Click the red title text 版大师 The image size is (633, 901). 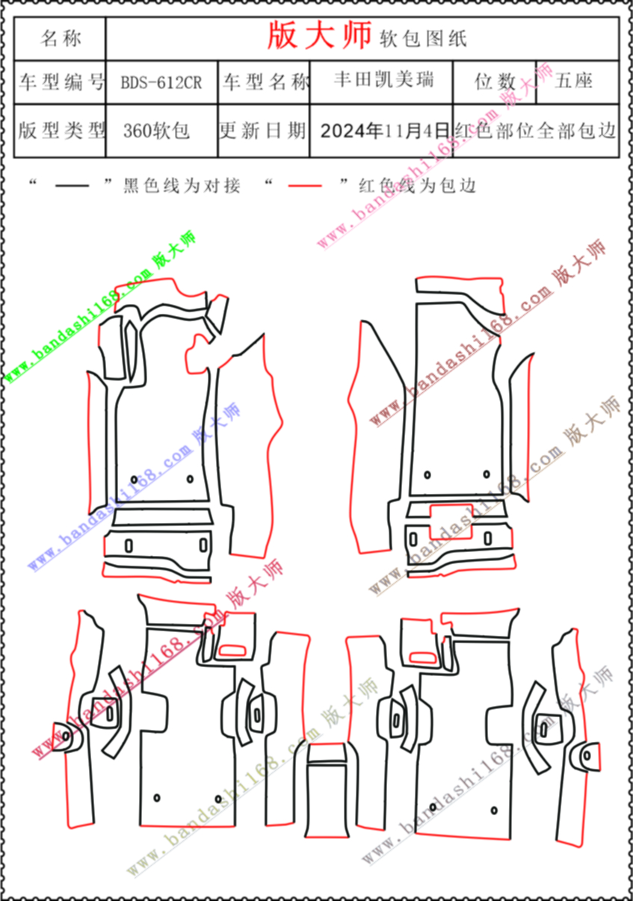(319, 36)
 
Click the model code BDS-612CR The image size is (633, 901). (161, 83)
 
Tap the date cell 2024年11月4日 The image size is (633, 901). (384, 131)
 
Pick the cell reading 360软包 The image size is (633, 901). (156, 131)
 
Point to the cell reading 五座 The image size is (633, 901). (573, 81)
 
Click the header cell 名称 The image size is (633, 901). (61, 39)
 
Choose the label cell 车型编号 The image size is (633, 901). (61, 82)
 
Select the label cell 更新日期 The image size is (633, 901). (262, 131)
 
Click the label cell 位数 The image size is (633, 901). (495, 81)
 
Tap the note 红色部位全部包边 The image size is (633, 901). (536, 131)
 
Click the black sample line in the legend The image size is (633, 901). (72, 186)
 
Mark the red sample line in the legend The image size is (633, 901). (305, 186)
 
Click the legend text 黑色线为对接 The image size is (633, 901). (182, 186)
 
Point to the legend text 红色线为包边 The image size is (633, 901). (418, 186)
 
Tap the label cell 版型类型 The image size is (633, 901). (61, 131)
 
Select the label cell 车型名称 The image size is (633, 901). (265, 82)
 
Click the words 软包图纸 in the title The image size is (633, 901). (423, 39)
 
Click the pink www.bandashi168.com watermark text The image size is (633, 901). (409, 178)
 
